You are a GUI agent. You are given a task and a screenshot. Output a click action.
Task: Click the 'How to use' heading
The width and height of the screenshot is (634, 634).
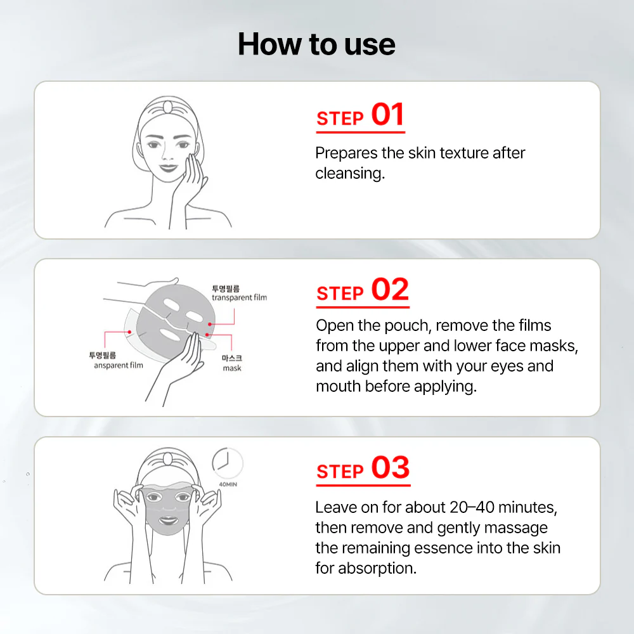coord(316,44)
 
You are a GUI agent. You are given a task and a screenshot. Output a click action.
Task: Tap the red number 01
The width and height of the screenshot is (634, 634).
coord(387,115)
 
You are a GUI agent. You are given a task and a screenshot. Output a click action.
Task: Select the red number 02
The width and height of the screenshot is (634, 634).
coord(389,290)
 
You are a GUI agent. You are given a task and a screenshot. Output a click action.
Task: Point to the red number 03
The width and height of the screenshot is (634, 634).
coord(390,469)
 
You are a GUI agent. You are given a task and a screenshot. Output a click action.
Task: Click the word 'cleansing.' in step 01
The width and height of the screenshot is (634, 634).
coord(350,174)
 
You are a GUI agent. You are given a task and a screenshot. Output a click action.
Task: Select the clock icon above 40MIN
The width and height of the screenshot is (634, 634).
coord(226,463)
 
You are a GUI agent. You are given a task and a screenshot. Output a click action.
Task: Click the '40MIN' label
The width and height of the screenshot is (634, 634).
coord(228,484)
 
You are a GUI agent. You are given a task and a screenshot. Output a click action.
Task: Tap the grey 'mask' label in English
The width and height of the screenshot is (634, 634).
coord(232,368)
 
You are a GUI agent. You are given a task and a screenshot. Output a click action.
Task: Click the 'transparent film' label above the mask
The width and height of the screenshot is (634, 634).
coord(239,297)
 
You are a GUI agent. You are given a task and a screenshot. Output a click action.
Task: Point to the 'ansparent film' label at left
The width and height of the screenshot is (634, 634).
coord(119,365)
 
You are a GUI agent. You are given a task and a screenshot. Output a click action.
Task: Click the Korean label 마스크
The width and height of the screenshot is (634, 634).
coord(232,358)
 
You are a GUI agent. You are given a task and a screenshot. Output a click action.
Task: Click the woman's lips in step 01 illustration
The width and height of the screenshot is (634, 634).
coord(167,168)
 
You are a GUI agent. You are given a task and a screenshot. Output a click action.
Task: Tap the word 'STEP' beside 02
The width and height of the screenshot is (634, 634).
coord(340,294)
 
